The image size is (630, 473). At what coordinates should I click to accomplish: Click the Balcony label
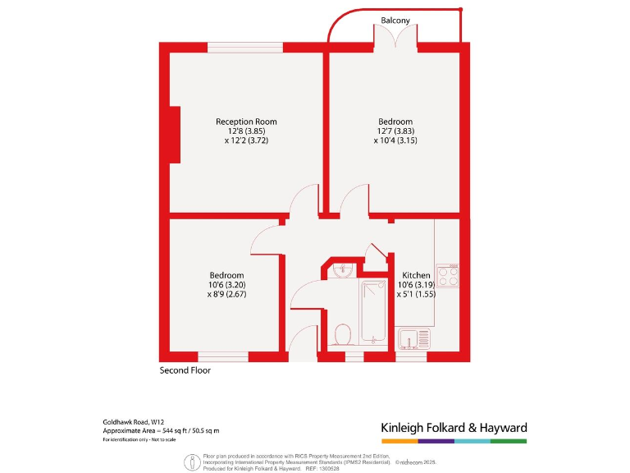coord(395,20)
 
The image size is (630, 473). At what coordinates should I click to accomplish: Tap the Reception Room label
coord(246,122)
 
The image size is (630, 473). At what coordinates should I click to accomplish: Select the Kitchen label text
coord(416,275)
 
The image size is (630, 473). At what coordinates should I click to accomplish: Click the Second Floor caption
coord(185,370)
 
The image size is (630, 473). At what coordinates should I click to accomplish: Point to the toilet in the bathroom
coord(344,334)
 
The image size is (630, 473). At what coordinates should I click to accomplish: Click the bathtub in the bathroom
coord(373,310)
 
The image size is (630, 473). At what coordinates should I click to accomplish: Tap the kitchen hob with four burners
coord(448,276)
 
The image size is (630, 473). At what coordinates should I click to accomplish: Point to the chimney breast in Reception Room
coord(174,135)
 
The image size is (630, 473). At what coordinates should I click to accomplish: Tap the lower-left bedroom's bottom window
coord(223,356)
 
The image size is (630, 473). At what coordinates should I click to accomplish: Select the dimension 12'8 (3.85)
coord(246,131)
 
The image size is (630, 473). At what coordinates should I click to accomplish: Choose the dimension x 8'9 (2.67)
coord(226,294)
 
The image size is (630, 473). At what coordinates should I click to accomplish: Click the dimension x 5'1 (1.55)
coord(416,294)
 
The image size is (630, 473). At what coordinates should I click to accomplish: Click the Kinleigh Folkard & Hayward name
coord(454,427)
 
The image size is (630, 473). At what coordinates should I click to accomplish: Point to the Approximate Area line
coord(161,430)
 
